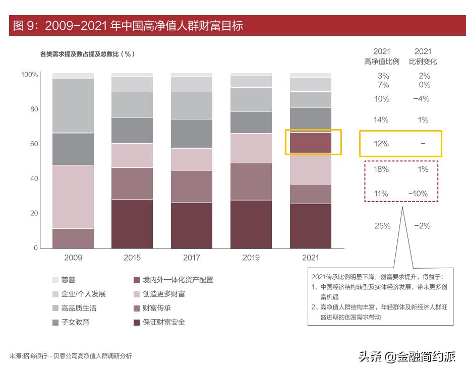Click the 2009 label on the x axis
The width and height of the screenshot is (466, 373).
tap(73, 258)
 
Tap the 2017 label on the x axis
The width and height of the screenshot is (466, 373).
tap(192, 258)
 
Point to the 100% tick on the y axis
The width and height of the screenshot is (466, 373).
tap(29, 75)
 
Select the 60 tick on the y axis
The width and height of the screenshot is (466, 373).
tap(34, 144)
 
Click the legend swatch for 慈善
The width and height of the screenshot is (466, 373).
tap(55, 280)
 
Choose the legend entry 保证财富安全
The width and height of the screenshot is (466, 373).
tap(164, 322)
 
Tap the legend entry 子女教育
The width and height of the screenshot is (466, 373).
tap(75, 322)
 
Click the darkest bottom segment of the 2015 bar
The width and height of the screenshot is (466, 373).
tap(132, 224)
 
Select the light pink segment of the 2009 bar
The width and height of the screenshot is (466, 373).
tap(73, 197)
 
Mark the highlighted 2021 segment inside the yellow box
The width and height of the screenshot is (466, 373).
tap(311, 143)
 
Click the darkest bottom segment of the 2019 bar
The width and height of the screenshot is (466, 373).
tap(251, 224)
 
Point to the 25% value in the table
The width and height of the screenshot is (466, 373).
tap(382, 226)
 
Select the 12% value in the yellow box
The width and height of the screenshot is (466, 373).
tap(382, 144)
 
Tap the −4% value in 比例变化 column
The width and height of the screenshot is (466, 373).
tap(421, 99)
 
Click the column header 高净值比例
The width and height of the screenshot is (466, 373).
tap(382, 61)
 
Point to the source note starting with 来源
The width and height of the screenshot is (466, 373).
tap(71, 356)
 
